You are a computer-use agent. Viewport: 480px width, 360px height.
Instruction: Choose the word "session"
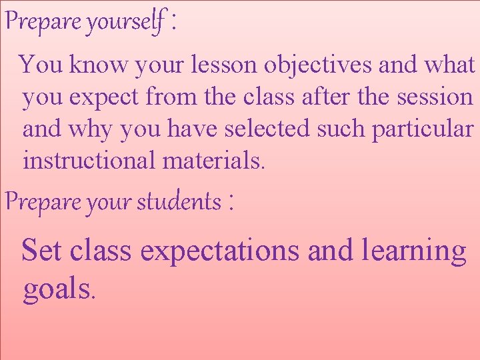click(x=435, y=97)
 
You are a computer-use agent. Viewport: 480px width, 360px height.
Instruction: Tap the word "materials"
click(x=213, y=160)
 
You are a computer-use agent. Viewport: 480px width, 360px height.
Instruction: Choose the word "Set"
click(x=42, y=251)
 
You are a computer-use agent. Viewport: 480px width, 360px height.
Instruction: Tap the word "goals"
click(x=59, y=290)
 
